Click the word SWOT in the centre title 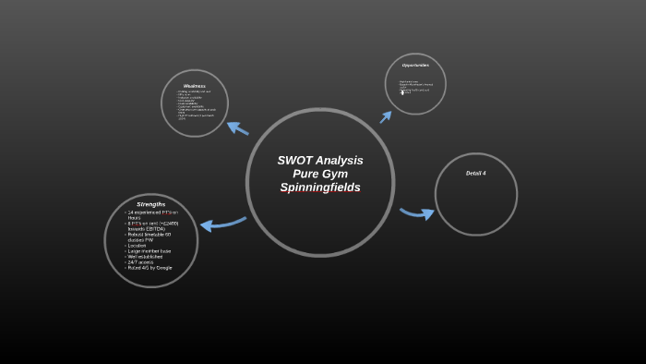tap(295, 161)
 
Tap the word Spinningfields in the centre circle tap(320, 188)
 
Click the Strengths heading tap(150, 204)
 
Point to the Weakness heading tap(194, 86)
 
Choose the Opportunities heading tap(415, 66)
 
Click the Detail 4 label tap(475, 174)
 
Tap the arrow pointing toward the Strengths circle tap(221, 223)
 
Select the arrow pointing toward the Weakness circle tap(237, 127)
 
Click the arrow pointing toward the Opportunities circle tap(386, 116)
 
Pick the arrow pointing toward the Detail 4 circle tap(417, 213)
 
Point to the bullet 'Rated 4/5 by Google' tap(150, 268)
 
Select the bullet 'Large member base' tap(150, 250)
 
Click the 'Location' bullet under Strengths tap(138, 245)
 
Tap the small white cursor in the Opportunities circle tap(401, 91)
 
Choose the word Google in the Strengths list tap(164, 268)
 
